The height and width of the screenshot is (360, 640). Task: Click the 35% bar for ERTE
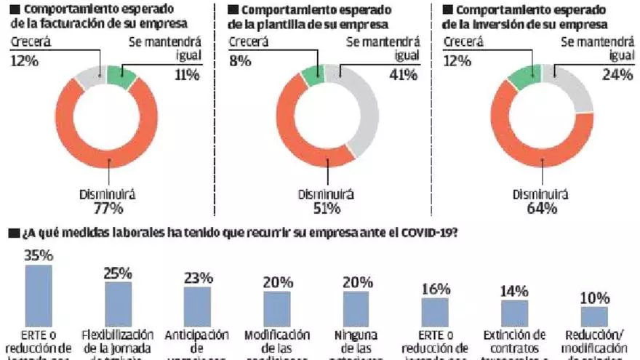click(x=39, y=295)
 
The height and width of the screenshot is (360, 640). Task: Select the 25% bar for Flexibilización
click(x=118, y=304)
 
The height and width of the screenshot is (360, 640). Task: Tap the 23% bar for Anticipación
click(x=197, y=305)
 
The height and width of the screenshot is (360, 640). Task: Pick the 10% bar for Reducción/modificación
click(x=593, y=316)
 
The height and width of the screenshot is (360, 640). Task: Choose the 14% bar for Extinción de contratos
click(x=514, y=313)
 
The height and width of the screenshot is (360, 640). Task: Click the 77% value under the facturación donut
click(x=108, y=209)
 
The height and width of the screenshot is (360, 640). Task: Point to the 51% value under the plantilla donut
click(x=327, y=209)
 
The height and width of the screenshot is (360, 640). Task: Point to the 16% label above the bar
click(x=435, y=287)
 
